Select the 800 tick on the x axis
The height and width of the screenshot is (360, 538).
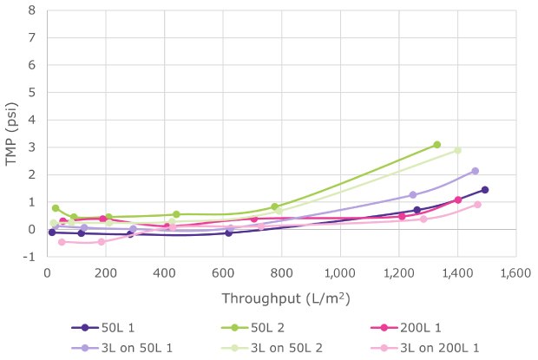pos(281,273)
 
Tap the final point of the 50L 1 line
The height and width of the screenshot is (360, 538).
pos(485,189)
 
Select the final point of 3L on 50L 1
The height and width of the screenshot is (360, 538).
pos(475,171)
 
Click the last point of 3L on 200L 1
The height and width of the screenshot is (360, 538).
pos(477,205)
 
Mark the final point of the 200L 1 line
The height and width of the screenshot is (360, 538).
pos(458,200)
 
